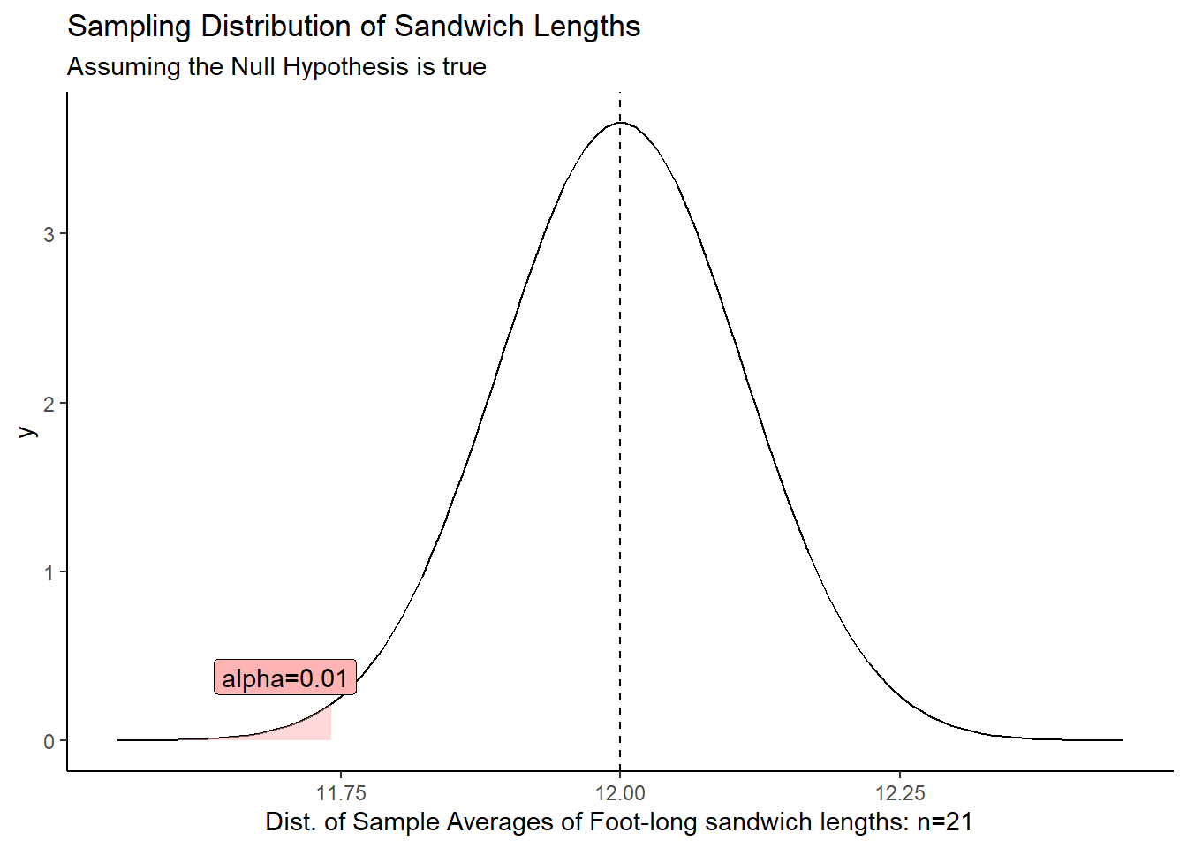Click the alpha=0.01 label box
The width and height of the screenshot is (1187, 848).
point(284,678)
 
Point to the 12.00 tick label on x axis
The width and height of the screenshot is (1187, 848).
point(620,793)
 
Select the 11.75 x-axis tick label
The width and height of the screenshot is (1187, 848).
point(341,793)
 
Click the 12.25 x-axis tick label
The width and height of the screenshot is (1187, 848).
point(899,793)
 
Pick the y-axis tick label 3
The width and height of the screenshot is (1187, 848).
point(49,235)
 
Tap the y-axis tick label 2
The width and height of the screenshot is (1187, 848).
point(49,404)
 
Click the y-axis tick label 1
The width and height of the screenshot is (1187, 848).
point(49,572)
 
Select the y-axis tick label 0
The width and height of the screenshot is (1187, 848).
point(49,741)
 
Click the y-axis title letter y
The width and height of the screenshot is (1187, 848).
point(28,431)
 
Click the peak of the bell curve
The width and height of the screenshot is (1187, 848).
point(620,123)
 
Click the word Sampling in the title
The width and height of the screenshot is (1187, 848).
point(130,26)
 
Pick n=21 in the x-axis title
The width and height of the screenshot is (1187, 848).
point(944,822)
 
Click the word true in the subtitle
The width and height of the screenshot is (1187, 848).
point(465,67)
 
